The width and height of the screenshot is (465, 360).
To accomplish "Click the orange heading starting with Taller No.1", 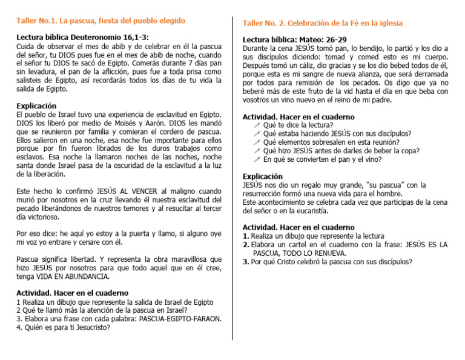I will point(101,21).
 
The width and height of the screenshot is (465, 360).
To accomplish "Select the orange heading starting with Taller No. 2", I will point(323,23).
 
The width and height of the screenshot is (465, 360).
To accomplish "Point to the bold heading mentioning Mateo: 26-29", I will point(294,39).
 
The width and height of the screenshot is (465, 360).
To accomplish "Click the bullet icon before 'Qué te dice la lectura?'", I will point(257,125).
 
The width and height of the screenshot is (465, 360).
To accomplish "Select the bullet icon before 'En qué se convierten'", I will point(257,159).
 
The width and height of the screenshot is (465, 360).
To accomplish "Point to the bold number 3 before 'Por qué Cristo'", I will point(245,262).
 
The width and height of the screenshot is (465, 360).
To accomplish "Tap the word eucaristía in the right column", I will point(309,211).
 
